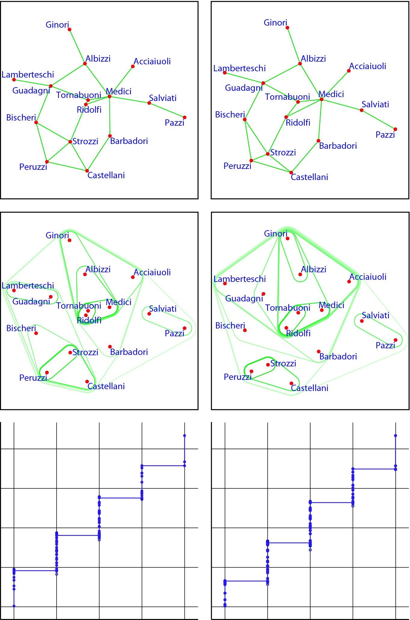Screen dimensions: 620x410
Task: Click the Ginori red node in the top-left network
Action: click(69, 29)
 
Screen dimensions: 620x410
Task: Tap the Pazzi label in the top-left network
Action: click(174, 123)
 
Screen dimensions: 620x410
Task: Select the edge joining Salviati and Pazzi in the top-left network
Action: click(167, 110)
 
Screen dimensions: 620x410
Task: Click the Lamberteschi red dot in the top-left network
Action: click(14, 80)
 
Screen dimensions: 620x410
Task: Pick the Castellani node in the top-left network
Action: click(87, 171)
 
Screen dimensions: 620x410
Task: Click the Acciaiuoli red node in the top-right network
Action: click(349, 71)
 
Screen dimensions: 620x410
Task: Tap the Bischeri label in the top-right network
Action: click(230, 115)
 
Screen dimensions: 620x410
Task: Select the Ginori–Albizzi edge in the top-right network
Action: click(294, 46)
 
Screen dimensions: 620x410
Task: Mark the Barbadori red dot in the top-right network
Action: click(318, 141)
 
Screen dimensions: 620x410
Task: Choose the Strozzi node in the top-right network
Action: click(268, 154)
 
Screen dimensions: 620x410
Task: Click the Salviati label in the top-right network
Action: click(375, 104)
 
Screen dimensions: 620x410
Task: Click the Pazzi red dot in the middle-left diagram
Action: click(184, 328)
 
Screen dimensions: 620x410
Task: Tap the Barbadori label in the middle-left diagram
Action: click(129, 352)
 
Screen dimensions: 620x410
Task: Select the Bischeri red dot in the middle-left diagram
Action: click(36, 333)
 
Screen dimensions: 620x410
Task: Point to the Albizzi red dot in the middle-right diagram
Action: click(300, 274)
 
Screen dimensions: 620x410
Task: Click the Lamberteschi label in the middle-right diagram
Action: click(239, 279)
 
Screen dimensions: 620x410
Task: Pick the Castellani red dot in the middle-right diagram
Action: click(291, 383)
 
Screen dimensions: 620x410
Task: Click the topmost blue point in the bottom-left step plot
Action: click(184, 435)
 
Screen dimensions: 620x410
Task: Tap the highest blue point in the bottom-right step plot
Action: click(396, 435)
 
